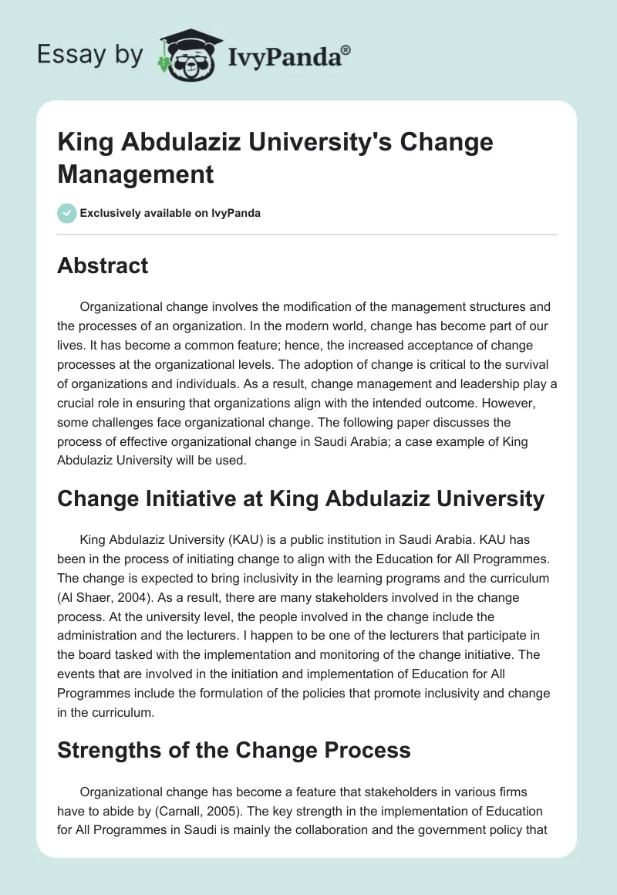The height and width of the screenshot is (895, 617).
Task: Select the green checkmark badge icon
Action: tap(66, 213)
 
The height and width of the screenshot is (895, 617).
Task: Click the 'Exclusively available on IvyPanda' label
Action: tap(170, 213)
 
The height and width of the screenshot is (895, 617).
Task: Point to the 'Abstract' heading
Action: tap(103, 265)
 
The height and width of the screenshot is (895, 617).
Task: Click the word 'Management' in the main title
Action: tap(136, 174)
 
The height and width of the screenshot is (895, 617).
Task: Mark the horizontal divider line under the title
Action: tap(308, 234)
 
